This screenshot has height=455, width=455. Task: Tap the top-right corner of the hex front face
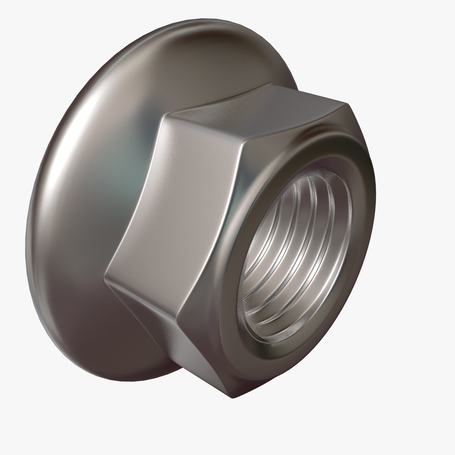pyautogui.click(x=348, y=104)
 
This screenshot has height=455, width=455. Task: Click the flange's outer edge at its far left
pyautogui.click(x=26, y=236)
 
